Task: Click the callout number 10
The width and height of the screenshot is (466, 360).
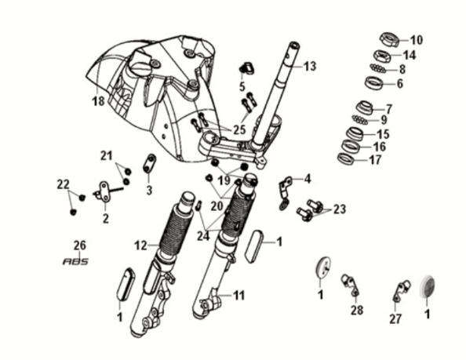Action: pyautogui.click(x=416, y=40)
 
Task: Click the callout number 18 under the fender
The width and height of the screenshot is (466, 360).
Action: pyautogui.click(x=98, y=102)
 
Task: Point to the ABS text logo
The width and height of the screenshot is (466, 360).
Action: pyautogui.click(x=75, y=262)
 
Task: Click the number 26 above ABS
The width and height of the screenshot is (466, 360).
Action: pyautogui.click(x=79, y=245)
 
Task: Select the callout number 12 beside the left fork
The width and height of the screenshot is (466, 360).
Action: pyautogui.click(x=140, y=245)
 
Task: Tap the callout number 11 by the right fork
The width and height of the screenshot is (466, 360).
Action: pyautogui.click(x=238, y=296)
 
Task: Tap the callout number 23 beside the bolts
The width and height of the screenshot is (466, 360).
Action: pyautogui.click(x=338, y=209)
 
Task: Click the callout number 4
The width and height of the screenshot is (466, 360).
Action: pyautogui.click(x=308, y=178)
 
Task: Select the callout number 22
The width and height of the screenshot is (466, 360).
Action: pyautogui.click(x=63, y=184)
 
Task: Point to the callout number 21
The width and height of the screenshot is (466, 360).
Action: pyautogui.click(x=106, y=156)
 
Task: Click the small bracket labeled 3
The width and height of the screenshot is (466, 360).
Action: pyautogui.click(x=148, y=165)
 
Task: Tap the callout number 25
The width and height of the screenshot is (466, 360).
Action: pyautogui.click(x=238, y=129)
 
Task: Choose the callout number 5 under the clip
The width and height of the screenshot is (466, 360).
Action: pyautogui.click(x=242, y=86)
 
